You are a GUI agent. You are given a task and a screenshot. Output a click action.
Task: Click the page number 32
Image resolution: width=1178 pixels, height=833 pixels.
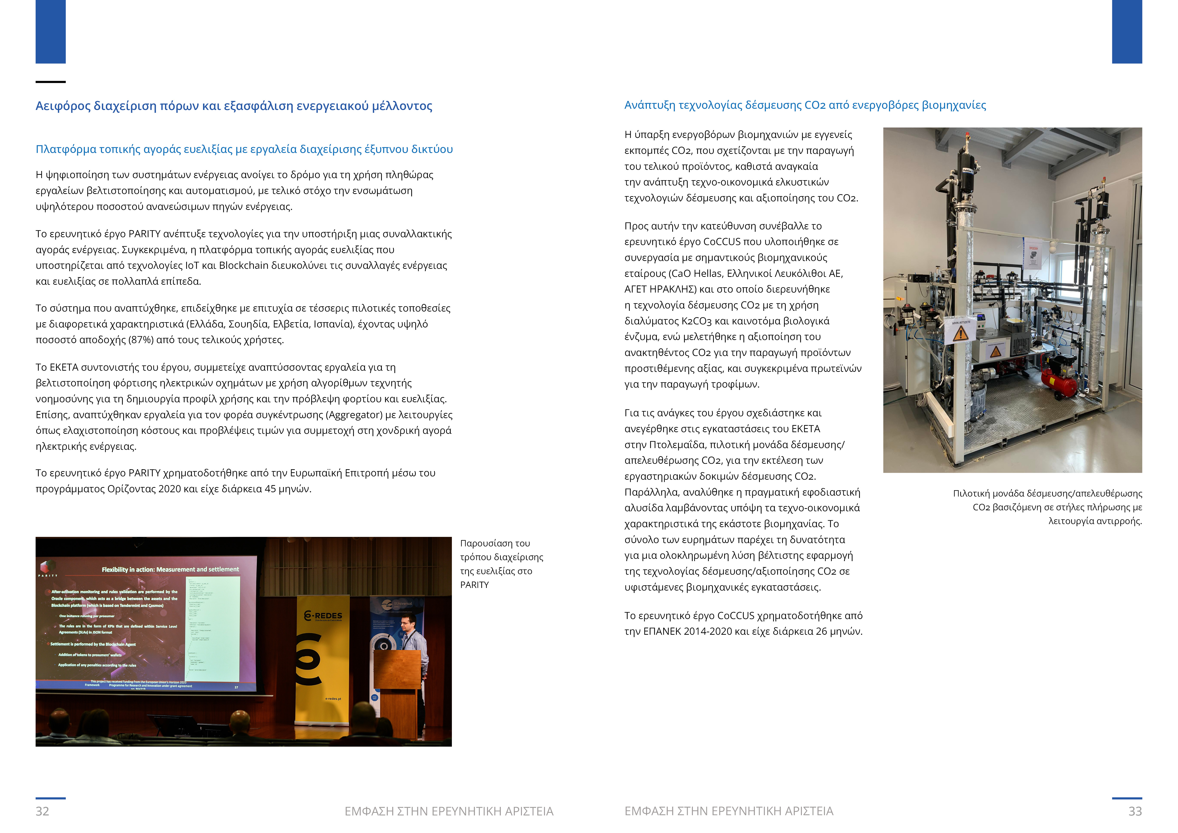(42, 811)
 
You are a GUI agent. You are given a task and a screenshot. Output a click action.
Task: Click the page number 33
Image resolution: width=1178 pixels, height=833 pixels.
(1135, 811)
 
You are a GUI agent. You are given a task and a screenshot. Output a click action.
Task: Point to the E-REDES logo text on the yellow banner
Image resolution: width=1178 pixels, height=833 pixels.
(323, 615)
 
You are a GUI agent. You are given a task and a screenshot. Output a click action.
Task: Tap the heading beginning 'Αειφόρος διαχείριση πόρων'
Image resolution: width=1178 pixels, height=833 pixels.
(233, 106)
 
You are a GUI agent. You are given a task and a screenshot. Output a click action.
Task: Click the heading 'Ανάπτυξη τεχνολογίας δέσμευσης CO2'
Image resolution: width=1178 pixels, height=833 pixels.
(804, 105)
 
